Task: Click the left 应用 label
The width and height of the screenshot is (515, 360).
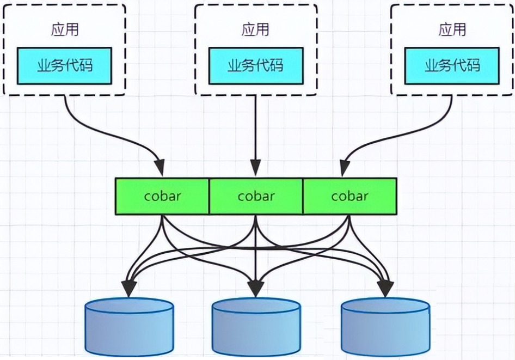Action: [x=65, y=30]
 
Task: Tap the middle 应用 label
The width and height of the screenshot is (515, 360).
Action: [x=255, y=29]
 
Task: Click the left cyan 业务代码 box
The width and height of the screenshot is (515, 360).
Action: [x=64, y=65]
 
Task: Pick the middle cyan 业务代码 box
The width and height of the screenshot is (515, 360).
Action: [x=255, y=65]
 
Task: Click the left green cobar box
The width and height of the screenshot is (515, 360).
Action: [x=162, y=196]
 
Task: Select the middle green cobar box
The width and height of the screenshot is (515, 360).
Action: [x=256, y=196]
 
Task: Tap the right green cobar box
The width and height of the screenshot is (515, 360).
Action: [x=350, y=196]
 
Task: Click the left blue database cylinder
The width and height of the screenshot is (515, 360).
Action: [x=130, y=327]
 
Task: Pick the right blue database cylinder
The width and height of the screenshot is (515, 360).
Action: [x=385, y=327]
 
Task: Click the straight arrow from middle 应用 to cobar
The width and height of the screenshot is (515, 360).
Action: [x=256, y=131]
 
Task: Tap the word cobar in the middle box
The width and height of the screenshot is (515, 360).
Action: [x=256, y=196]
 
